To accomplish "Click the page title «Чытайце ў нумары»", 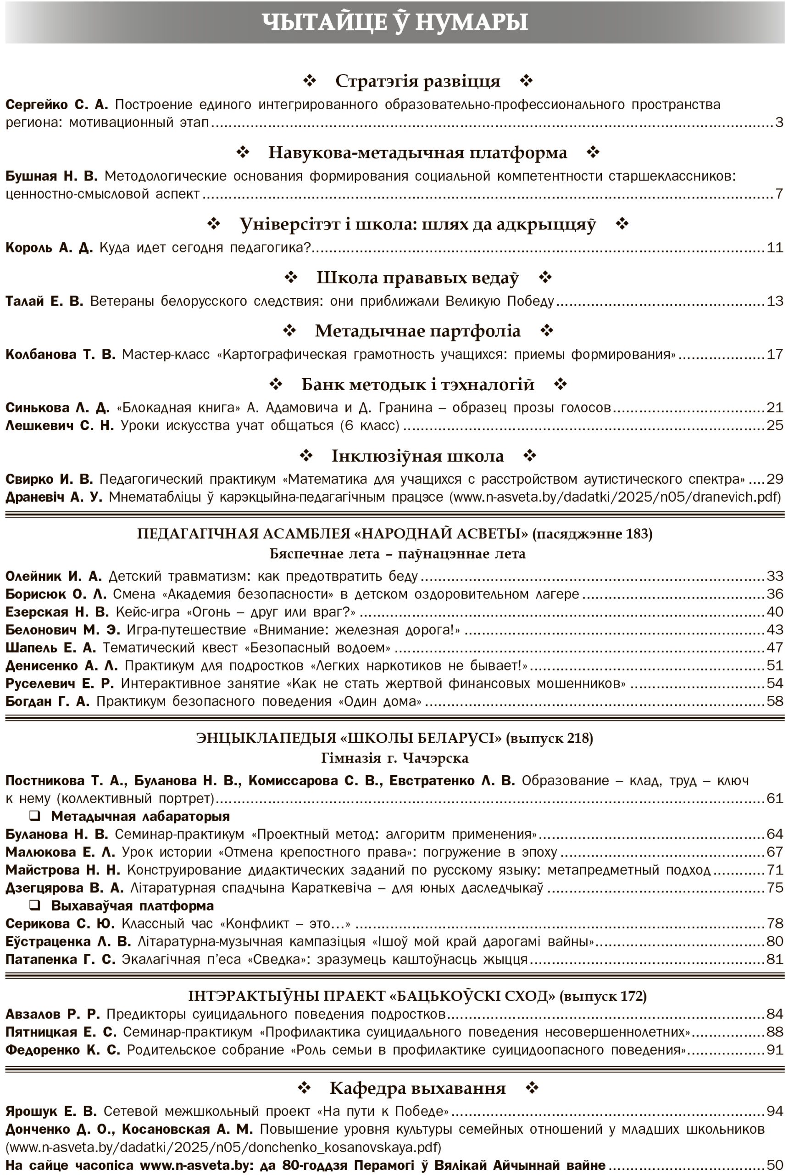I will coord(395,22).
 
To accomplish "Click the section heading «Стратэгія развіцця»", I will coord(417,81).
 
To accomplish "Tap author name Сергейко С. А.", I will coord(56,105).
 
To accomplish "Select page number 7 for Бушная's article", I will coord(779,194).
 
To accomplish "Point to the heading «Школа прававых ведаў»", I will coord(417,278).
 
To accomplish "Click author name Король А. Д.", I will coord(49,248).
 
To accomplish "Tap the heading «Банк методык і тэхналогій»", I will coord(417,385).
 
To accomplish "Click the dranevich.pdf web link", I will coord(617,497).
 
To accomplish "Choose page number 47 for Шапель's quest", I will coord(775,648).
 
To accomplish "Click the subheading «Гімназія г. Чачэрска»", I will coord(395,758).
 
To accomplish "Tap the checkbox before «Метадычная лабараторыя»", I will coord(34,816).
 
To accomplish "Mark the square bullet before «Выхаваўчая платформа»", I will coord(34,906).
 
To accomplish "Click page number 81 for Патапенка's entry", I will coord(775,959).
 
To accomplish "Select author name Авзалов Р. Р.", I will coord(53,1014).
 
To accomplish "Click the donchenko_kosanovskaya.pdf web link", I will coord(223,1147).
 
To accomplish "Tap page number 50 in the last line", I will coord(775,1165).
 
